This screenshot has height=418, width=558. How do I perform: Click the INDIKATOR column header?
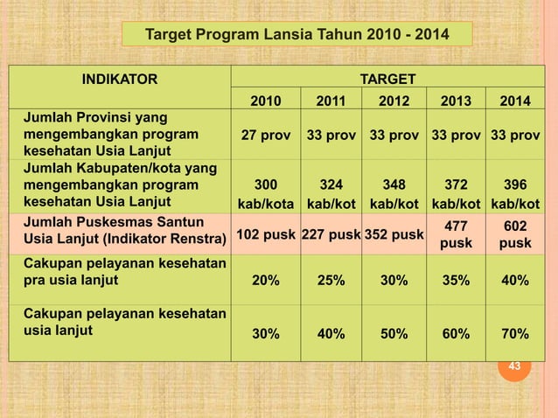120,80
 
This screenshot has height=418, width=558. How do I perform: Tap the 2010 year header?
266,101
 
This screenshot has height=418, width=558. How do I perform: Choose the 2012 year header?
394,101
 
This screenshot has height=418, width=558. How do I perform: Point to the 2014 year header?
514,101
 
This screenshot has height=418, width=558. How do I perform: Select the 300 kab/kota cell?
266,194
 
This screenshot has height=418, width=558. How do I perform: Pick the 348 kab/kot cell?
394,194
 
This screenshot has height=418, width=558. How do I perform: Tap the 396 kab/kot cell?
514,194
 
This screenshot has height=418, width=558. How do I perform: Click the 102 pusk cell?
266,233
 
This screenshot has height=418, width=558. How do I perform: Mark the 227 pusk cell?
331,233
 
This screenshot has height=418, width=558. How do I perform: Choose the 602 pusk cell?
514,233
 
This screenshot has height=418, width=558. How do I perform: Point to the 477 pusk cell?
456,233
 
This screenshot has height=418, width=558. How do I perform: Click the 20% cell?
266,280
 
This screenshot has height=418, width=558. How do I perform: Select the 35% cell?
456,280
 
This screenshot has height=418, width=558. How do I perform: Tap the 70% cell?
514,334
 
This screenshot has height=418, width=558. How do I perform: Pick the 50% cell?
394,334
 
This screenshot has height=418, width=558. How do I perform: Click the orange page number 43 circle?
514,366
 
